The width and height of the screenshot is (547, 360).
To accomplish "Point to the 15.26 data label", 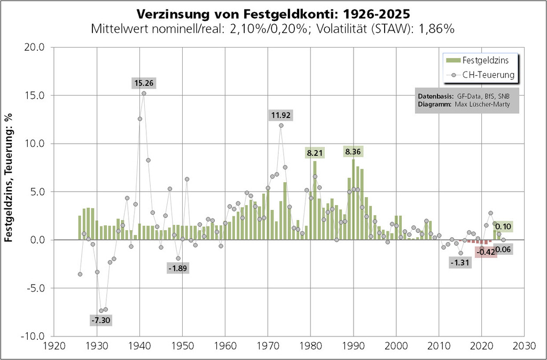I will (144, 83).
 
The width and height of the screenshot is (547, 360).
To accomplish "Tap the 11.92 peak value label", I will (281, 115).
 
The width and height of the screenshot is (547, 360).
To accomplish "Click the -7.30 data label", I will (101, 320).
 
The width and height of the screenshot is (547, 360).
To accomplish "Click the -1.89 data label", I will (177, 268).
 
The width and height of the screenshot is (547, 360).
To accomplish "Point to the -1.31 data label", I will (460, 263).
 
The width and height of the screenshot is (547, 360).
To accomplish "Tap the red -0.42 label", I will (486, 252).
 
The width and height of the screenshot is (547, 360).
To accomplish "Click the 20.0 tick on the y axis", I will (36, 48).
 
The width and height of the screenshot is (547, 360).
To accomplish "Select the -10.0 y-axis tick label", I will (34, 336).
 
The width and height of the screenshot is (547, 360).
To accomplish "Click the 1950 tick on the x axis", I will (182, 346).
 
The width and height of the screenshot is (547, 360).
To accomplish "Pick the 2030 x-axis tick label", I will (525, 346).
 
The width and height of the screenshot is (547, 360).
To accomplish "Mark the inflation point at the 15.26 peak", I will (144, 93).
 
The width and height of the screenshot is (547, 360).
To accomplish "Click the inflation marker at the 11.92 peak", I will (281, 126).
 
